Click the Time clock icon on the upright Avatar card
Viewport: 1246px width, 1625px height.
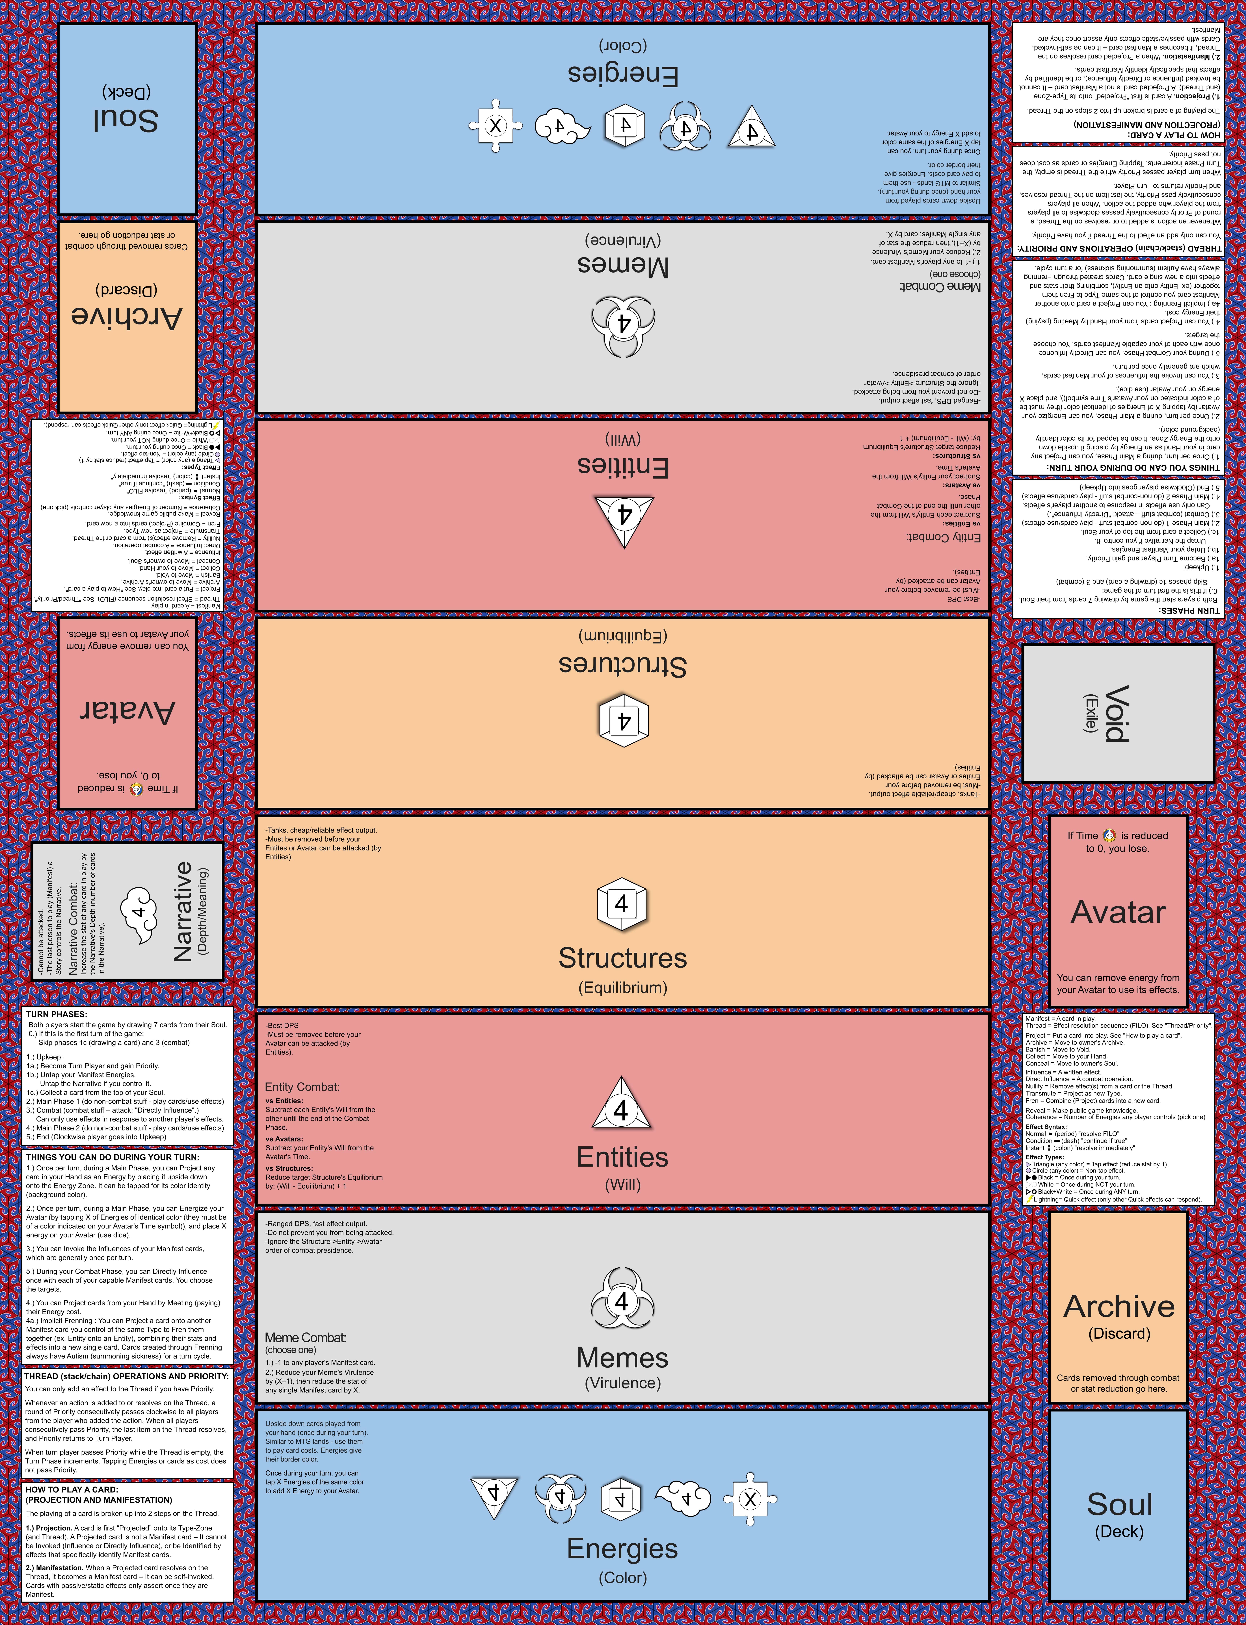click(1109, 835)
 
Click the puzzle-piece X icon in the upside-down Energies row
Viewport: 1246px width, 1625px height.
click(495, 126)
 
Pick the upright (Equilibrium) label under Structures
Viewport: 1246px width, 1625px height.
click(623, 987)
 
